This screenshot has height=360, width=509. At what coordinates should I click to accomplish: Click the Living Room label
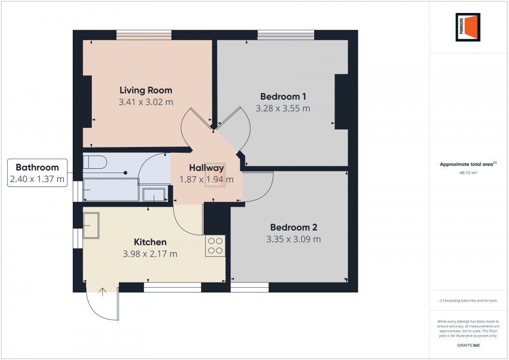point(146,90)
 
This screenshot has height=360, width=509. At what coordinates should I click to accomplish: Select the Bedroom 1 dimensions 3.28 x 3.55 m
point(283,109)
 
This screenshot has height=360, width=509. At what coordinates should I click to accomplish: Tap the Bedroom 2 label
point(294,227)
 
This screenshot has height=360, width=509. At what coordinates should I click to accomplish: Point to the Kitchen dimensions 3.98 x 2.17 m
point(150,254)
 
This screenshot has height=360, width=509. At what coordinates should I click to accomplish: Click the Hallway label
point(207,168)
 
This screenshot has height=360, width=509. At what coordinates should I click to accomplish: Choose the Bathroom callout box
point(37,172)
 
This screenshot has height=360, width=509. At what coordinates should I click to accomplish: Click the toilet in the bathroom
point(95,162)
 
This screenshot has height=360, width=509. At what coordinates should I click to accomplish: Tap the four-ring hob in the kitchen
point(215,246)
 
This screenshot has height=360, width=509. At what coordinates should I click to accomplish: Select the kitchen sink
point(91,225)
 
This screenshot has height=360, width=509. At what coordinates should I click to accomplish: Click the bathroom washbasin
point(154,195)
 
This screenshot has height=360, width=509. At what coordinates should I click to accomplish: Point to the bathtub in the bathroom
point(111,190)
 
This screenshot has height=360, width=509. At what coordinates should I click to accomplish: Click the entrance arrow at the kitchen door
point(103,291)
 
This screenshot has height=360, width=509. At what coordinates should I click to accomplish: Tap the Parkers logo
point(468,27)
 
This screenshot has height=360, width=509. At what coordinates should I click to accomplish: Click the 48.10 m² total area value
point(468,172)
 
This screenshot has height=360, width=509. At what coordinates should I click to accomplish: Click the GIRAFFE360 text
point(468,345)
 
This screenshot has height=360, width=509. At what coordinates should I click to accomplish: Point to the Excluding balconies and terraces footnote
point(468,301)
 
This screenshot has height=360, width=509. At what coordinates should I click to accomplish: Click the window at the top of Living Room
point(144,35)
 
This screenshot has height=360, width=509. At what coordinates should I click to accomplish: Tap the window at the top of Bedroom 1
point(286,35)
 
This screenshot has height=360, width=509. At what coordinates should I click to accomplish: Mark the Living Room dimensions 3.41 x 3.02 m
point(146,102)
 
